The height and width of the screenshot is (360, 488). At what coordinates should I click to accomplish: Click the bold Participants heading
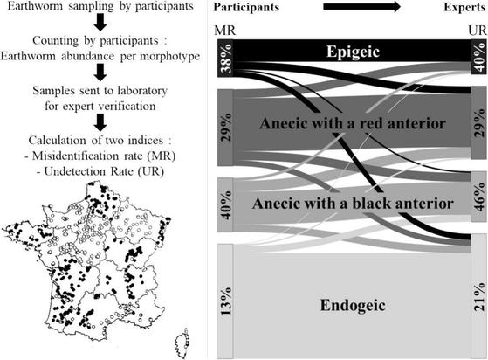[246, 8]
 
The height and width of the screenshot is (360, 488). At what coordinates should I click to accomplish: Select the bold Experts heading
[464, 8]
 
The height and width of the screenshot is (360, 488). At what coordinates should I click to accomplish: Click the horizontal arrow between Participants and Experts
[362, 7]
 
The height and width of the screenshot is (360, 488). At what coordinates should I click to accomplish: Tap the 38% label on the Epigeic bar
[227, 59]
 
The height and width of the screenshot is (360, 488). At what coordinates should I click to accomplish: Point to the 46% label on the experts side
[479, 197]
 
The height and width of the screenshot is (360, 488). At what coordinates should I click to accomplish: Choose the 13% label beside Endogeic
[227, 301]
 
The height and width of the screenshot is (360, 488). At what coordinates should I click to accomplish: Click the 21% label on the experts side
[479, 296]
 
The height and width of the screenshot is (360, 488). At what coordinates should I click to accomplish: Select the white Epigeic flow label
[353, 52]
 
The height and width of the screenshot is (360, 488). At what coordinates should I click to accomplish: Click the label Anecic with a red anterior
[353, 123]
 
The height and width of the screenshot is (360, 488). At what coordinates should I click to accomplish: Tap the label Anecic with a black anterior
[353, 204]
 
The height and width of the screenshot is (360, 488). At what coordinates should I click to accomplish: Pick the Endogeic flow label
[353, 305]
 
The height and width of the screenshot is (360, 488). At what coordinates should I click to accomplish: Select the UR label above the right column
[478, 31]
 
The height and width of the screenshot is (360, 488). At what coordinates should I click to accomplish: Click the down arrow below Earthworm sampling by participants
[100, 23]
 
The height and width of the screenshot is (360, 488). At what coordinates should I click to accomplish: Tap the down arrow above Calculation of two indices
[100, 122]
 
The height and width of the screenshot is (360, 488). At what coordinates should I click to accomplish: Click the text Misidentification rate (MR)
[104, 156]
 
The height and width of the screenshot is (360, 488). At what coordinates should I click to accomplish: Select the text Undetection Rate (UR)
[104, 171]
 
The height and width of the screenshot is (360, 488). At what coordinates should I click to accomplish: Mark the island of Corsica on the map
[182, 343]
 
